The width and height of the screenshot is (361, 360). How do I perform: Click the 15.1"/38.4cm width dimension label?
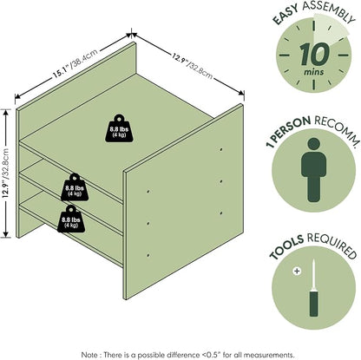pos(75,63)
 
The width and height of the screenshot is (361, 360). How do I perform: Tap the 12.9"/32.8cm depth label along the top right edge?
pos(193,67)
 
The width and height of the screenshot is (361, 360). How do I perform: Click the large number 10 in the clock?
pos(314,54)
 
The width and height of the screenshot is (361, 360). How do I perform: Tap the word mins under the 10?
pos(314,72)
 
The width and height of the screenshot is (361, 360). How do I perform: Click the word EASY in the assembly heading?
pos(286,15)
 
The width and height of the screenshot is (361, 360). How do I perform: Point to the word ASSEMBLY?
pos(329,11)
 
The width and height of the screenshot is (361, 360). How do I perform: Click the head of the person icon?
pos(313,144)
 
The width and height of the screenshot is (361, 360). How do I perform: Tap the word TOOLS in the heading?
pos(286,246)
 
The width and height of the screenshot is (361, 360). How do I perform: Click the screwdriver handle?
pos(313,304)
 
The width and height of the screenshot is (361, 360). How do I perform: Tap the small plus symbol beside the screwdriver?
pos(297,272)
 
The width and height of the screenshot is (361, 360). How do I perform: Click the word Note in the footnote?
pos(88,355)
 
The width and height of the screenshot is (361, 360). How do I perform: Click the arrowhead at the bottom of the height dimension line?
pos(5,235)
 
